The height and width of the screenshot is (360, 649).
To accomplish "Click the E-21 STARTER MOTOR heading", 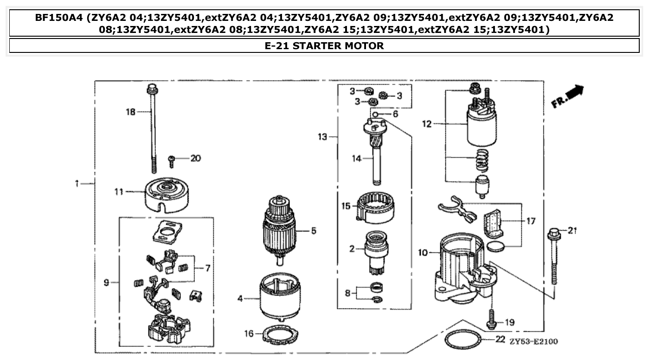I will pos(324,45).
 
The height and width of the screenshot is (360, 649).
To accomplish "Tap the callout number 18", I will pos(131,112).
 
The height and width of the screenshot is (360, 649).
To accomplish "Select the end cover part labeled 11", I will pos(166,192).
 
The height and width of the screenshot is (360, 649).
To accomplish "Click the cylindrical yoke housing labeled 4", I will pos(279,297).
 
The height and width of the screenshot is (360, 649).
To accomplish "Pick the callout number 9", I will pos(106,282).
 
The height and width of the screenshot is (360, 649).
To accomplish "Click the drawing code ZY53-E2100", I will pos(533,342).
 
